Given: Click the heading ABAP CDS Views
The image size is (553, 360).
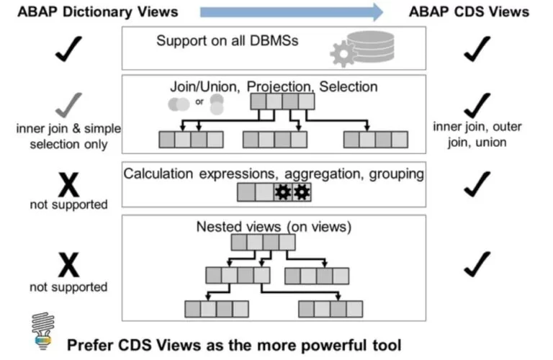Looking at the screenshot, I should click(469, 12).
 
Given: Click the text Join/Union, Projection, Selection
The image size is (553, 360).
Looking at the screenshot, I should click(273, 86).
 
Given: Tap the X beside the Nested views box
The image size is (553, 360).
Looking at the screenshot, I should click(68, 266).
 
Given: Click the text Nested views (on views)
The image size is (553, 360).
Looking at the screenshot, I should click(273, 227).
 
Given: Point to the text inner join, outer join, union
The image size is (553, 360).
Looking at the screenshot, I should click(477, 135).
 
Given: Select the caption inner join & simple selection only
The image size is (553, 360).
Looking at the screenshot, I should click(68, 135).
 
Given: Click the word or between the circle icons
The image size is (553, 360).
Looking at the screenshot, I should click(199, 101).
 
